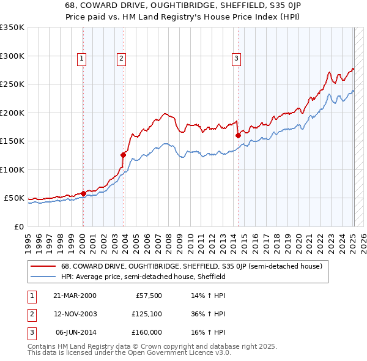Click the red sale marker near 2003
pyautogui.click(x=123, y=155)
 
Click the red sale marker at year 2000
pyautogui.click(x=83, y=193)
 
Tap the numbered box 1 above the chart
pyautogui.click(x=81, y=59)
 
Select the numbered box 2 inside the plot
pyautogui.click(x=122, y=59)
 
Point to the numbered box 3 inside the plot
pyautogui.click(x=236, y=59)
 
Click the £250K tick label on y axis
pyautogui.click(x=12, y=84)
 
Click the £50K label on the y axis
pyautogui.click(x=15, y=198)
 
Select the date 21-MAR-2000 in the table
pyautogui.click(x=75, y=295)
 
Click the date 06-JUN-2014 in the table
pyautogui.click(x=75, y=332)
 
